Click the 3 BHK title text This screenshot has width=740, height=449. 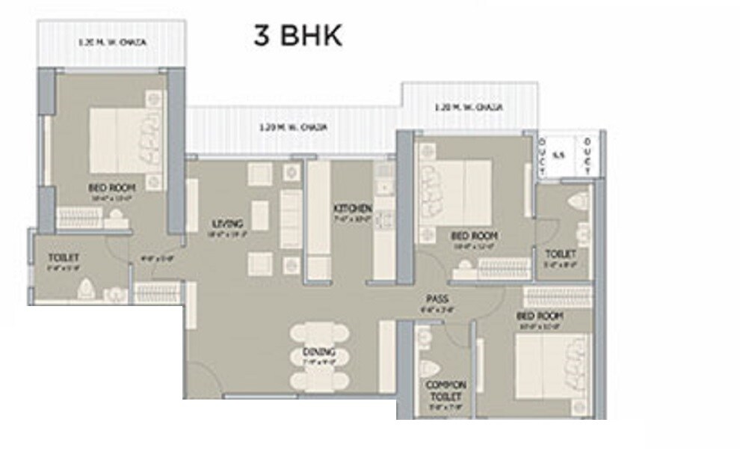coord(297,36)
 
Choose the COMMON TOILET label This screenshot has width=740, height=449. coord(445,390)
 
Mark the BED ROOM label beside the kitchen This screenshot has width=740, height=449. coord(474,236)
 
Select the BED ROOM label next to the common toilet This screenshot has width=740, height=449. coord(540,316)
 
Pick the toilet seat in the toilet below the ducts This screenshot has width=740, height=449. coord(576,203)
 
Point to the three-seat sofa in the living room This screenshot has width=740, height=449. coord(290,217)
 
